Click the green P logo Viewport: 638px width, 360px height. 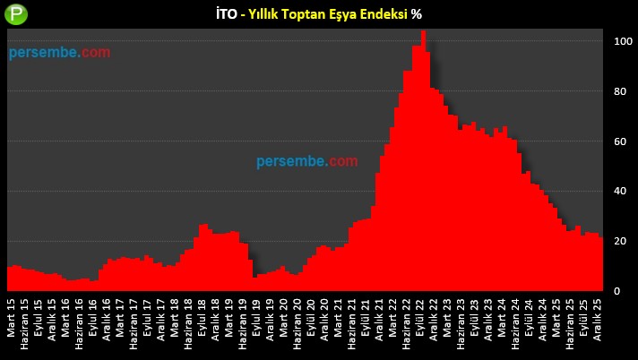pyautogui.click(x=16, y=15)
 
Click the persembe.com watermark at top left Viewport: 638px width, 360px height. pyautogui.click(x=60, y=53)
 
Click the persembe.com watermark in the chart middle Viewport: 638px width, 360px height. pyautogui.click(x=306, y=161)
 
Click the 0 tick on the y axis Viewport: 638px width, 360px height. pyautogui.click(x=617, y=291)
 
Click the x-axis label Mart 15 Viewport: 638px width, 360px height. pyautogui.click(x=11, y=319)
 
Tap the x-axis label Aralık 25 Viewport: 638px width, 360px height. pyautogui.click(x=598, y=321)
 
